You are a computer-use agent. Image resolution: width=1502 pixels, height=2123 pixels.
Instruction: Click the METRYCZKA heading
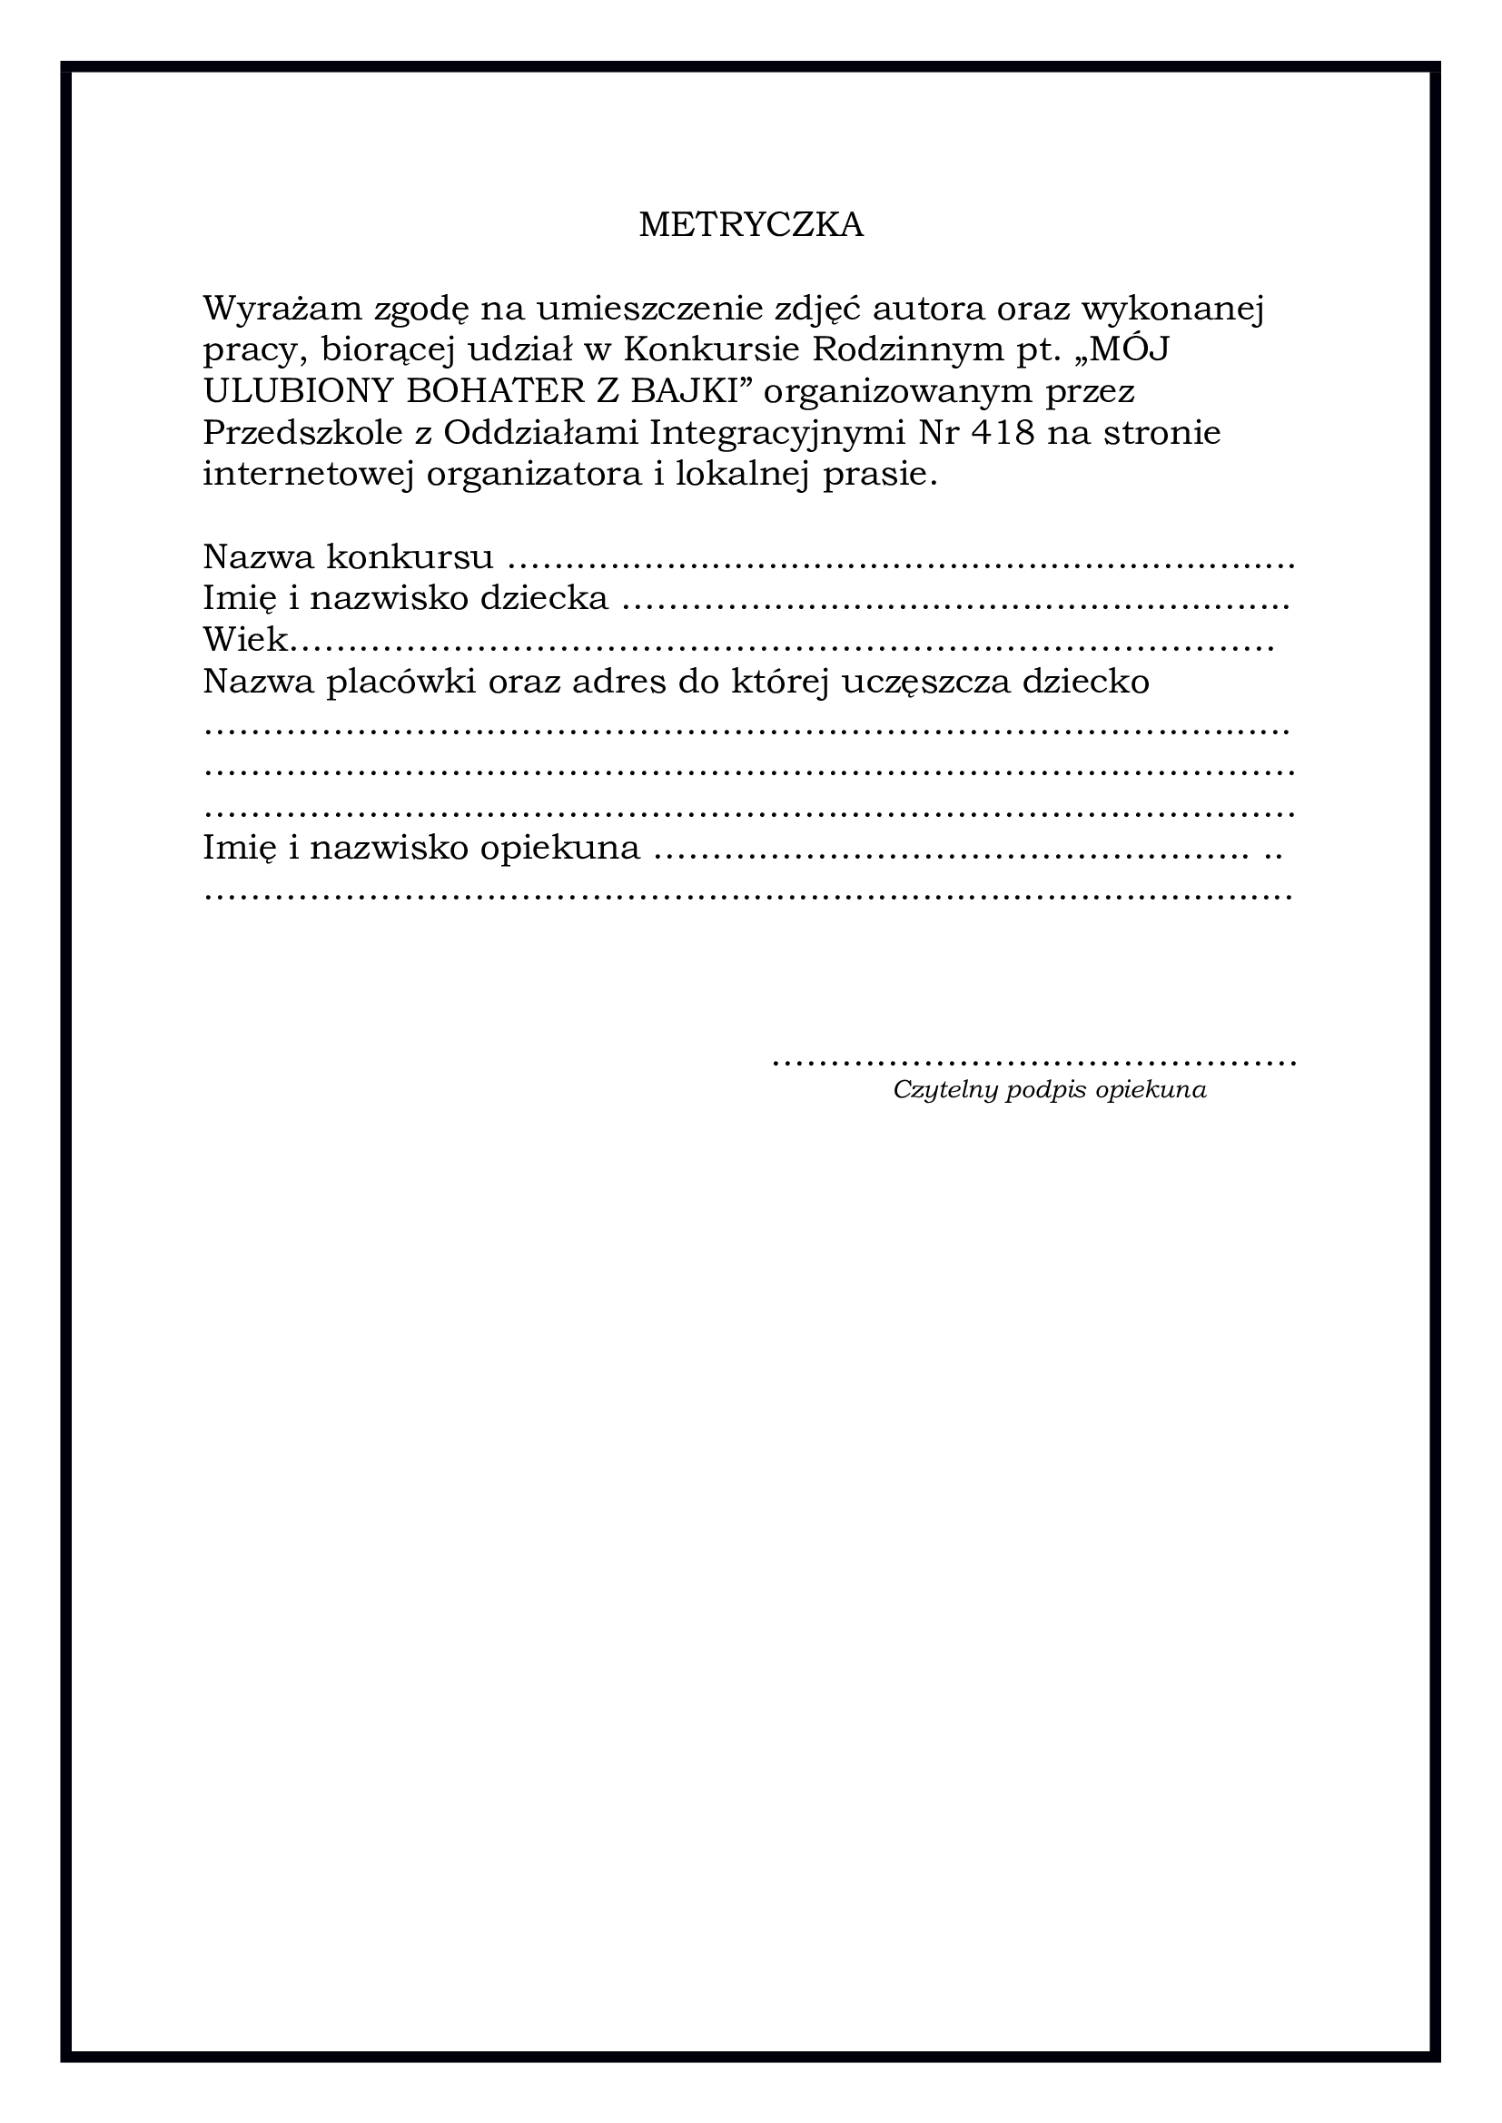click(751, 225)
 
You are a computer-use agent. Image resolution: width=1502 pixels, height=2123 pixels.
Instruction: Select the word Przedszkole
click(302, 433)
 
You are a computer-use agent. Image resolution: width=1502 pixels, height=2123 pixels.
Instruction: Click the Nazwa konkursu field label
click(348, 557)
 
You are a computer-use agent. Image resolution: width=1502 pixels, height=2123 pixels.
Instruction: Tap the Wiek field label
click(244, 640)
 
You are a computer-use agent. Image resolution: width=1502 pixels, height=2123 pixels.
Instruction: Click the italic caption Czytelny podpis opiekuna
click(1049, 1090)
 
